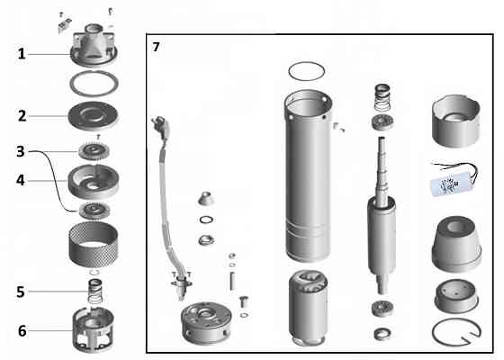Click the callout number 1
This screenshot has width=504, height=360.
(x=22, y=54)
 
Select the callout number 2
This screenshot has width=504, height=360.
(x=22, y=115)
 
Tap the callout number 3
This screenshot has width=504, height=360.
(x=22, y=150)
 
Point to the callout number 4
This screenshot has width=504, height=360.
(x=22, y=180)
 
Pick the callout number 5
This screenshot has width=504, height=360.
(x=22, y=291)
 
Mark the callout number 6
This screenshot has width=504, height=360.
(x=22, y=330)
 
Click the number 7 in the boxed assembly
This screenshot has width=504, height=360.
(x=157, y=47)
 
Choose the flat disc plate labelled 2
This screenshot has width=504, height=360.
(x=94, y=117)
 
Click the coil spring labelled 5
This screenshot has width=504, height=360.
(x=94, y=291)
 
